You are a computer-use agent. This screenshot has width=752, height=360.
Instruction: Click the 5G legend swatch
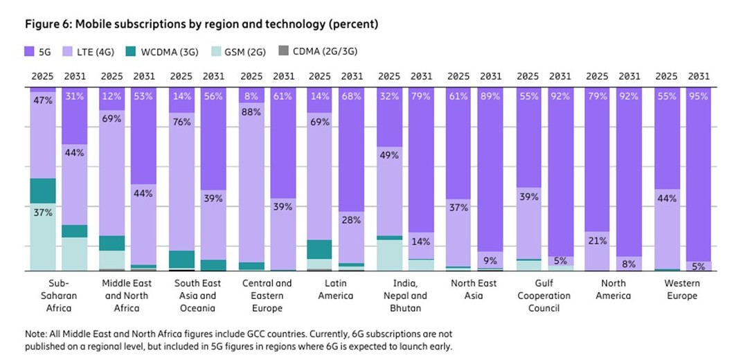[30, 51]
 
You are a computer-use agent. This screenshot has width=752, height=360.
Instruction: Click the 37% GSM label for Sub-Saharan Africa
[42, 213]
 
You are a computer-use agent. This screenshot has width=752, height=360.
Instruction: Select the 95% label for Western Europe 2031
[699, 97]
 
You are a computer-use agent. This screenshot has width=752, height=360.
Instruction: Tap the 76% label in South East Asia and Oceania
[181, 123]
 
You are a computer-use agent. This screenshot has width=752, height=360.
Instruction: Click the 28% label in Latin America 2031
[352, 220]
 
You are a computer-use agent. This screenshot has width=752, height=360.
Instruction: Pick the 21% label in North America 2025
[597, 241]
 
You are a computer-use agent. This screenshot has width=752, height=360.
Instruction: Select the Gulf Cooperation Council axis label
[544, 296]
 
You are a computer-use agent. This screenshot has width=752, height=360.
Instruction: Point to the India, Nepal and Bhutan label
[404, 296]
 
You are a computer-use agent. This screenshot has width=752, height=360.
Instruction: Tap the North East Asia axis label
[474, 289]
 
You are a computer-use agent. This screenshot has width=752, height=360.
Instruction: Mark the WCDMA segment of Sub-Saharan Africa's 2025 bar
[42, 190]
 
